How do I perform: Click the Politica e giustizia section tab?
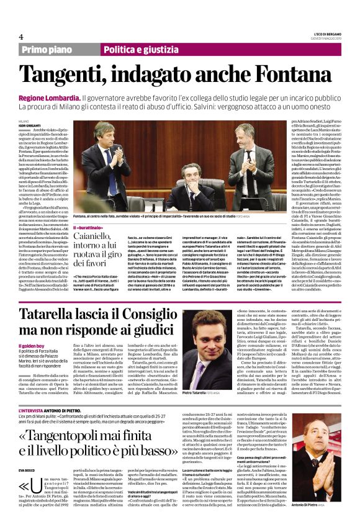point(138,50)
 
